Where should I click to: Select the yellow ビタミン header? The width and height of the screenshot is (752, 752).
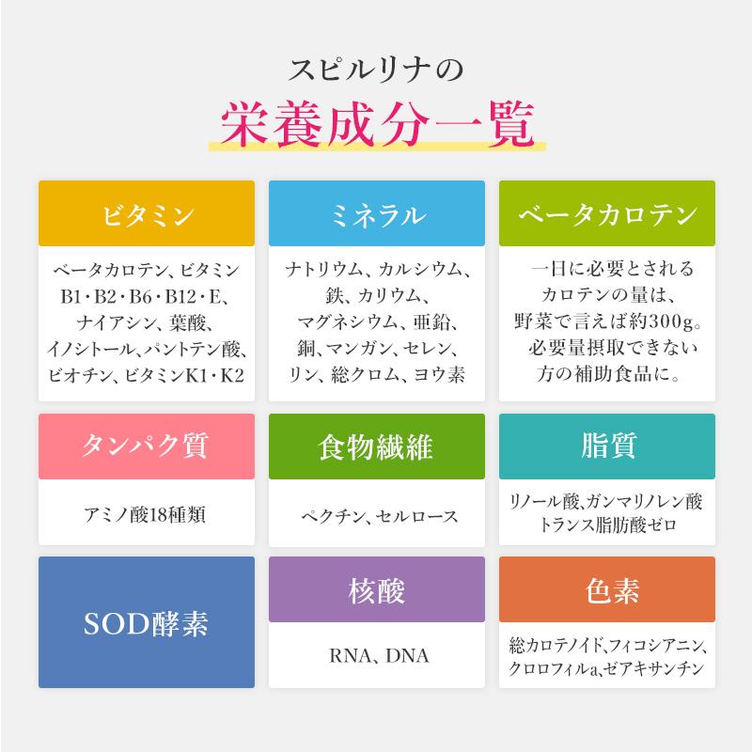click(x=148, y=213)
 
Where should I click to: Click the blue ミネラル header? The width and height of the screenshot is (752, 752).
click(x=376, y=213)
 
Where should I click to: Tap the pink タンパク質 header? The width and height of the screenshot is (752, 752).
click(x=148, y=446)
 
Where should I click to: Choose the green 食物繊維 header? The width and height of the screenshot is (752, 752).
click(x=376, y=446)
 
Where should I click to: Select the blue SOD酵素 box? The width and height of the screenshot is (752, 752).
click(x=148, y=621)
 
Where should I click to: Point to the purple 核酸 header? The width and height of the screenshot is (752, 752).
click(x=376, y=589)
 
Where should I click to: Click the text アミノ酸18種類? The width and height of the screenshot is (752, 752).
click(x=147, y=514)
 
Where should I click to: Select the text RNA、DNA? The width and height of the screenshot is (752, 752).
click(x=376, y=656)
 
